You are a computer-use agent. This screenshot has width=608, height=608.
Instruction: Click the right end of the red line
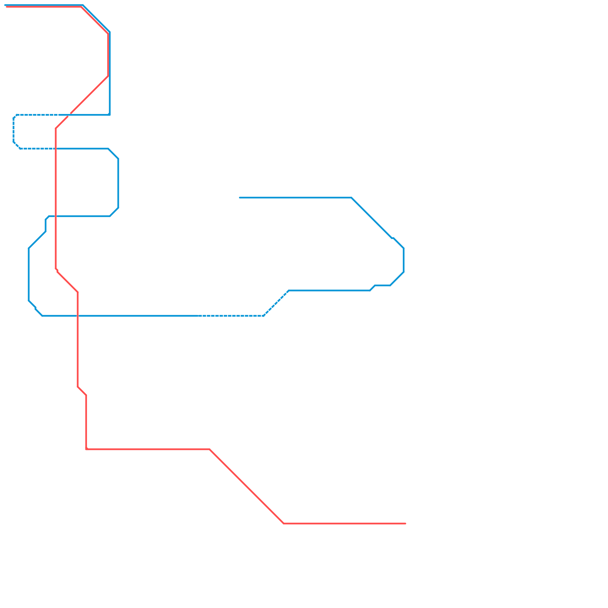click(x=405, y=523)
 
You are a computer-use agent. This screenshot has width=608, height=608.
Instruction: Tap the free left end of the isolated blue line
click(x=240, y=198)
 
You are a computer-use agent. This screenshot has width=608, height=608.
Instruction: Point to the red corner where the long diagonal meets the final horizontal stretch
click(x=283, y=523)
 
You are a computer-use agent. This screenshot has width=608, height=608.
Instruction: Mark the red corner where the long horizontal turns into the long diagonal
click(x=210, y=450)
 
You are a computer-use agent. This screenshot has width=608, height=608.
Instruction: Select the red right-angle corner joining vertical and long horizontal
click(x=87, y=449)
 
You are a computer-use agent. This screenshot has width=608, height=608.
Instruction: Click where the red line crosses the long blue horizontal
click(x=78, y=315)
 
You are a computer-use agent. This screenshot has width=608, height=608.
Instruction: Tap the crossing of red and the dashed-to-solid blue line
click(x=56, y=149)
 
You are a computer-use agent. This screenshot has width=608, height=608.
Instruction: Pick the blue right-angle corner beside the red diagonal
click(x=109, y=114)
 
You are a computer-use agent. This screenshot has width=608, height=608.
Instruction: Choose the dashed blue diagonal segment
click(x=276, y=303)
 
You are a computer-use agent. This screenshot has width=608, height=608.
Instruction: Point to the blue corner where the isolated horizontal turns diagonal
click(x=351, y=198)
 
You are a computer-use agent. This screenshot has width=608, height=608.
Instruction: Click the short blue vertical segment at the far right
click(x=404, y=260)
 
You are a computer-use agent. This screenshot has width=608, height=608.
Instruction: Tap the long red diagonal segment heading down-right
click(x=247, y=486)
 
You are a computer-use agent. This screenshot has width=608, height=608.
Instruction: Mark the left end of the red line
click(x=6, y=6)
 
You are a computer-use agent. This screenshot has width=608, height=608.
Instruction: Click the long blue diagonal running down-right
click(x=372, y=218)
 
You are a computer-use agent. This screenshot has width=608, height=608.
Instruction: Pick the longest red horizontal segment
click(x=148, y=450)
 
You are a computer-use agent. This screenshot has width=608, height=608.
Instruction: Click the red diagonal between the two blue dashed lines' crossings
click(x=63, y=121)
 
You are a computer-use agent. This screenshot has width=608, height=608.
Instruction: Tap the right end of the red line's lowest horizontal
click(x=405, y=523)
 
